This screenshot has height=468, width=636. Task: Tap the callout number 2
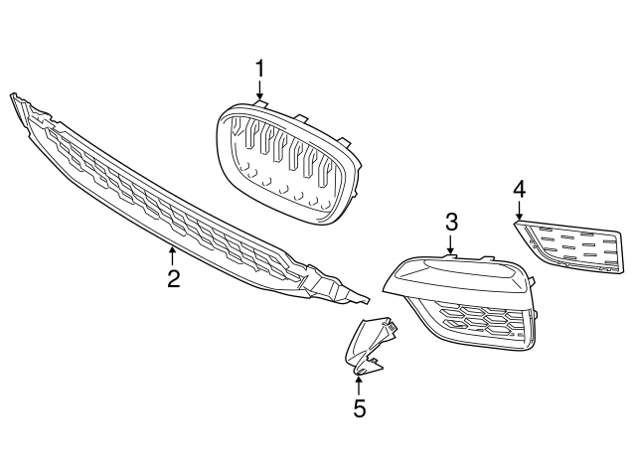pyautogui.click(x=173, y=279)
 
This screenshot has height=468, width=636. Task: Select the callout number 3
pyautogui.click(x=450, y=221)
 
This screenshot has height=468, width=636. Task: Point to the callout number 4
pyautogui.click(x=519, y=188)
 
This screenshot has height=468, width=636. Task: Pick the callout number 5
pyautogui.click(x=359, y=407)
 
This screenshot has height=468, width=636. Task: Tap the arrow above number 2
pyautogui.click(x=173, y=254)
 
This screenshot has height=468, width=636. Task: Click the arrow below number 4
pyautogui.click(x=519, y=211)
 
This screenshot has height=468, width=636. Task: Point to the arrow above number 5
pyautogui.click(x=359, y=382)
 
